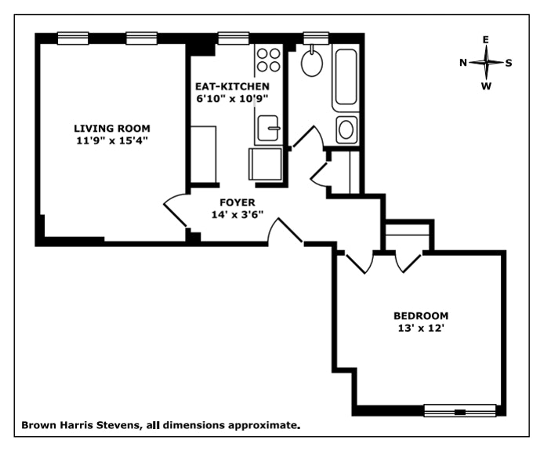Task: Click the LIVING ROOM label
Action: (x=111, y=129)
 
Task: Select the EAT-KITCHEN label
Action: (x=233, y=86)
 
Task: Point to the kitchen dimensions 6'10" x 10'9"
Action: (x=233, y=99)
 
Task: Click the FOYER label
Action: (x=238, y=202)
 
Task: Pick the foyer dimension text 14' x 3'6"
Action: (x=238, y=214)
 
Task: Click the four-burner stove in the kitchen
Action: (x=270, y=60)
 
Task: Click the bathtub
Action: (x=346, y=78)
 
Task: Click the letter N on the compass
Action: (x=463, y=63)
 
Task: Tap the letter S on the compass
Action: (x=509, y=63)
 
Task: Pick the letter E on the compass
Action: (x=486, y=40)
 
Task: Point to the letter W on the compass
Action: (x=486, y=86)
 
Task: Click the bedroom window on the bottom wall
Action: (x=460, y=410)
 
